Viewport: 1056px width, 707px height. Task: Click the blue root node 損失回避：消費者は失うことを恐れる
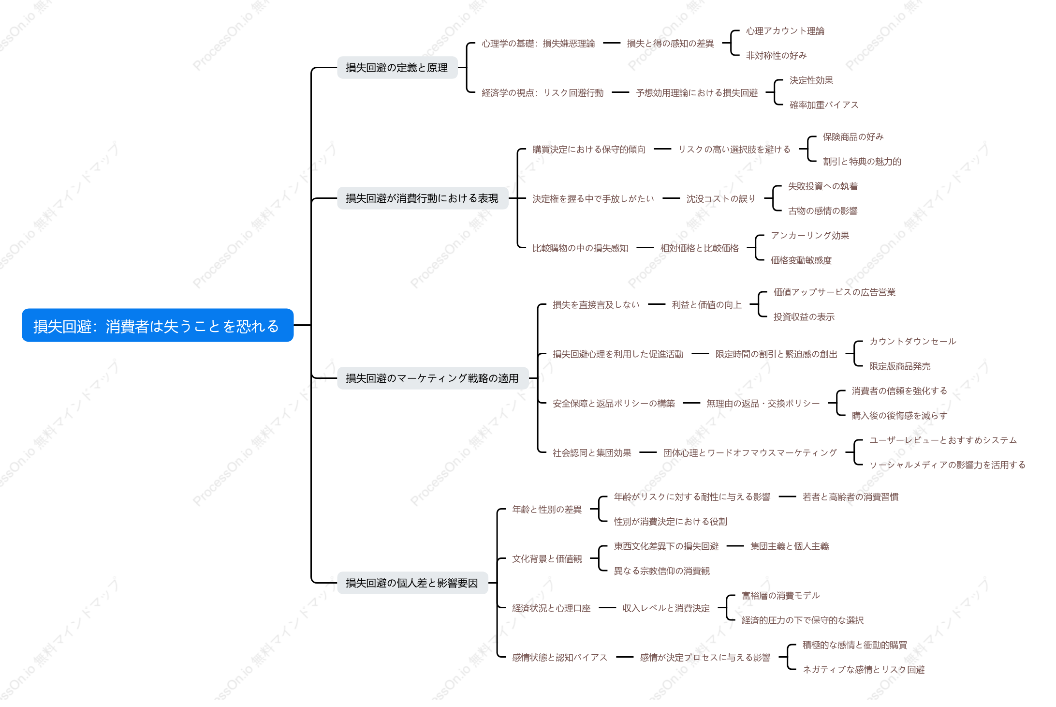click(x=158, y=326)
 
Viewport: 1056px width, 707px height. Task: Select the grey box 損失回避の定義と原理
click(x=397, y=68)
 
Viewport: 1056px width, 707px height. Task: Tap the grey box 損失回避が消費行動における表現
click(x=422, y=198)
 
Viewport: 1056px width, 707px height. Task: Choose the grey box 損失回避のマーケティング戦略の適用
click(x=432, y=378)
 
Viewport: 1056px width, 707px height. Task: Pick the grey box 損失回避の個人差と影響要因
click(x=412, y=583)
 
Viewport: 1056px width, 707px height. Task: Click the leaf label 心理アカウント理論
click(x=785, y=31)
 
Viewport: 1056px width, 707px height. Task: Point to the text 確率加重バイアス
click(x=824, y=105)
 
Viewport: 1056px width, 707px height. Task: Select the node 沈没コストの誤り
click(x=721, y=199)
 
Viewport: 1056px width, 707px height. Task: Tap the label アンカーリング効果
click(x=810, y=236)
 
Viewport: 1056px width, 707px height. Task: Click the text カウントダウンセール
click(x=913, y=342)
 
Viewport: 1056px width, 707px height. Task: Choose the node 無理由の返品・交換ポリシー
click(x=763, y=404)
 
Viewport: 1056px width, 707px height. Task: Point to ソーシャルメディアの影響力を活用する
click(x=947, y=465)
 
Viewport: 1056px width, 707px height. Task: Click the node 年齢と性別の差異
click(x=547, y=510)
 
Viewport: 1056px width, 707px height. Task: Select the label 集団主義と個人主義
click(x=790, y=546)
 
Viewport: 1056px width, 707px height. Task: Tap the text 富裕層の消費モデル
click(x=781, y=596)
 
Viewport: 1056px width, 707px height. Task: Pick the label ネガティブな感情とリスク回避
click(x=864, y=670)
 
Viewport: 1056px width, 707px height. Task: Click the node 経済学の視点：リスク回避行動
click(x=543, y=93)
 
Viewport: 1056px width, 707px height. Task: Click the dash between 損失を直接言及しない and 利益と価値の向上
click(x=657, y=304)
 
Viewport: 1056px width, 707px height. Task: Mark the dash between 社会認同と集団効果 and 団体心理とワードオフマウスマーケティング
click(x=648, y=452)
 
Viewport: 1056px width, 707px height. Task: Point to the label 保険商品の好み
click(x=853, y=137)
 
